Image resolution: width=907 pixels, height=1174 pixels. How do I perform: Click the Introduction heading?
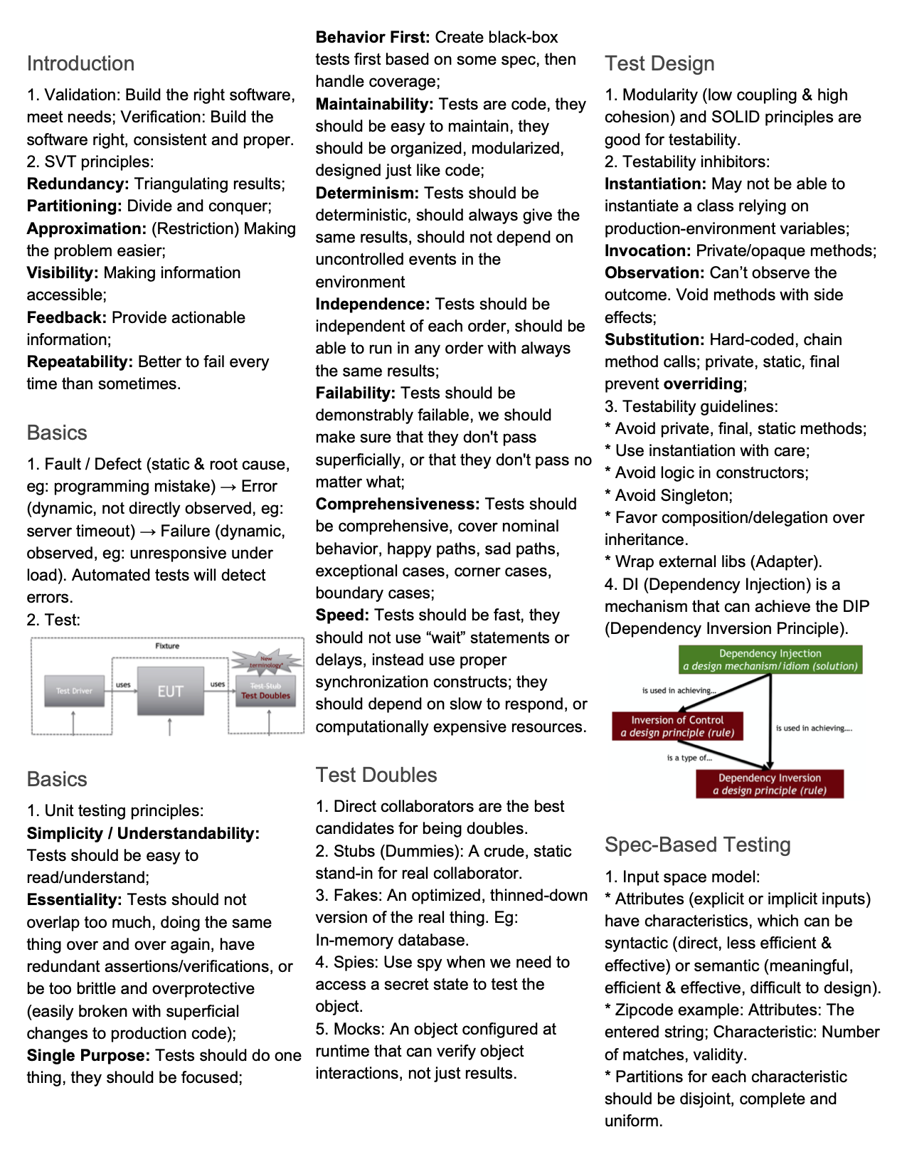[x=80, y=63]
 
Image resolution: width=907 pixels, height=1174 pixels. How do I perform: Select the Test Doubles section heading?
[x=376, y=775]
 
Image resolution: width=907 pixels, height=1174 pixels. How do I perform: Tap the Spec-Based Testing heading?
[x=697, y=845]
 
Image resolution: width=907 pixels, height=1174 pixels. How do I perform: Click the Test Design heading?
[x=659, y=63]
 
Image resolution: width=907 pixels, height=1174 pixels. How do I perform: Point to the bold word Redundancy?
[x=78, y=184]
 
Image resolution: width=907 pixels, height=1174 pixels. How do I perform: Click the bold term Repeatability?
[x=80, y=361]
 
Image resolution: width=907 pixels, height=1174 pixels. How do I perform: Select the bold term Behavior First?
[x=372, y=37]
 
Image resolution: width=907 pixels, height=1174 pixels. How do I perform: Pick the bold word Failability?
[x=355, y=393]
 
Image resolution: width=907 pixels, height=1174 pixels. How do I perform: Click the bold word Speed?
[x=342, y=615]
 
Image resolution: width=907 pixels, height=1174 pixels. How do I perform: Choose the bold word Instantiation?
[x=654, y=184]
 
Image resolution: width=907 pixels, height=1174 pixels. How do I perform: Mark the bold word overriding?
[x=703, y=384]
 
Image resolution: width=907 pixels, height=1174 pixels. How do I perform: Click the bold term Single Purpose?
[x=88, y=1055]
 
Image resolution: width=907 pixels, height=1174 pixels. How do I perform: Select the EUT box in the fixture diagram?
[x=170, y=691]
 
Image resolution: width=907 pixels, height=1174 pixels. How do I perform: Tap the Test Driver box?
[x=74, y=690]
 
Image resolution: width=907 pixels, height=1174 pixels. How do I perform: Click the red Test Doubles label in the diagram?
[x=265, y=696]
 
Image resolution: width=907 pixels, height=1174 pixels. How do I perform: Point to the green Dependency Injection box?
[x=770, y=660]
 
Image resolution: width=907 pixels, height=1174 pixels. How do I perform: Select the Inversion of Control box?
[x=677, y=726]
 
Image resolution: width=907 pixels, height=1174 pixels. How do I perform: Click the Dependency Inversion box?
[x=770, y=784]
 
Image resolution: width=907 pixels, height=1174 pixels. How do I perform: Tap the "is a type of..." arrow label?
[x=689, y=758]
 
